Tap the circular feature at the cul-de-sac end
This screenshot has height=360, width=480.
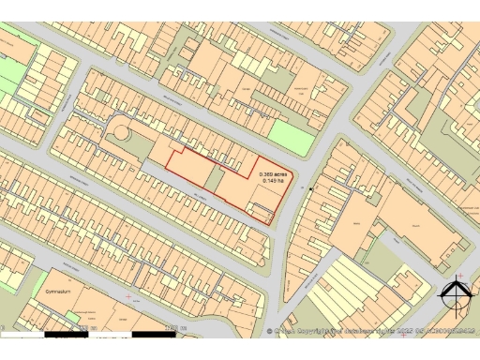click(x=119, y=136)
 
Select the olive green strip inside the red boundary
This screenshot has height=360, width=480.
click(x=215, y=177)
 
